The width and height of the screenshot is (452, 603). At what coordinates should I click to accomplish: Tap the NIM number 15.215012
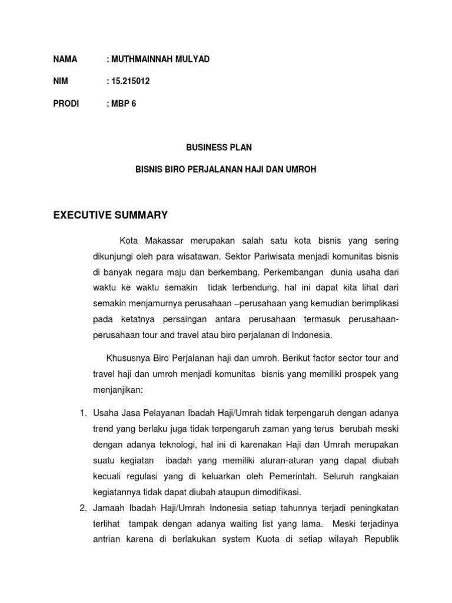click(x=130, y=82)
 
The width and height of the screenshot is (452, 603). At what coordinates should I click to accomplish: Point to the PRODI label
click(x=65, y=104)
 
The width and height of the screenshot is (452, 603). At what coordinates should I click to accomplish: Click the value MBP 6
click(x=123, y=104)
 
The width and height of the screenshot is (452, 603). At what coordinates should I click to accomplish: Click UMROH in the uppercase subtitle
click(x=301, y=170)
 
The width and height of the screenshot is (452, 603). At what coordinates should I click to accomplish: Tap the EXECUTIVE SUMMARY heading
click(x=110, y=215)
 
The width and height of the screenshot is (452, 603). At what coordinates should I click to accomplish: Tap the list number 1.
click(x=83, y=413)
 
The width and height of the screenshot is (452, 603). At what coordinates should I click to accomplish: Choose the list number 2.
click(x=83, y=508)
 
